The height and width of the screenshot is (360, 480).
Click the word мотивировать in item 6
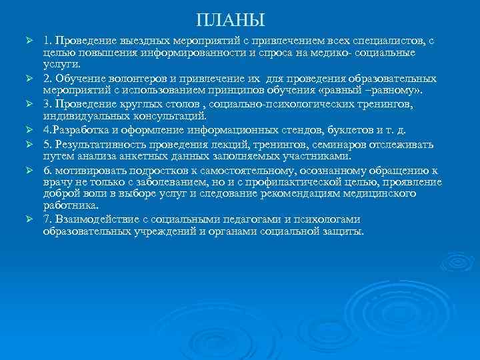pos(89,170)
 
